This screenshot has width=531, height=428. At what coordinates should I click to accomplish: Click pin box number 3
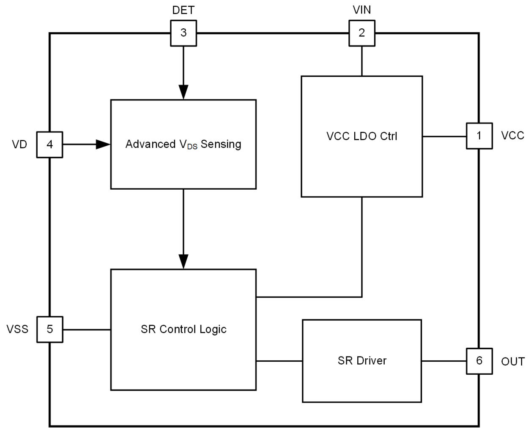coord(183,33)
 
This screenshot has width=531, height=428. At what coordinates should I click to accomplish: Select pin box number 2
coord(361,33)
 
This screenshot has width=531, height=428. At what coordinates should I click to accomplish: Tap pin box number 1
coord(479,136)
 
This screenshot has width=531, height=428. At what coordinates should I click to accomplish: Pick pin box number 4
coord(49,144)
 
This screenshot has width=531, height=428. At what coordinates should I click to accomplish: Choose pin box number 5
coord(49,329)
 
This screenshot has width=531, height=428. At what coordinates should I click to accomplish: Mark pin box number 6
coord(479,361)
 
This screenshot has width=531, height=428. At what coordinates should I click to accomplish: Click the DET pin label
coord(183,10)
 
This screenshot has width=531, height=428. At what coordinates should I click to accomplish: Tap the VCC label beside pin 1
coord(512,136)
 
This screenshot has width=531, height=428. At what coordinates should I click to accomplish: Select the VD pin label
coord(19,144)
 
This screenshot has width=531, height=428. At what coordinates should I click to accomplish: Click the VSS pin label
coord(18,329)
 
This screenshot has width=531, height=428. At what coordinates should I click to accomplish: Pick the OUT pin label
coord(512,362)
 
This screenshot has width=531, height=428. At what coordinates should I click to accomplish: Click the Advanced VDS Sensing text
coord(183,144)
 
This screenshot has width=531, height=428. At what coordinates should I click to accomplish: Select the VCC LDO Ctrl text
coord(361,136)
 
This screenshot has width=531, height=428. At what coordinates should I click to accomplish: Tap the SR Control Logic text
coord(183,329)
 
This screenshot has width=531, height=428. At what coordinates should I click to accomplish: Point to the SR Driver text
coord(362,361)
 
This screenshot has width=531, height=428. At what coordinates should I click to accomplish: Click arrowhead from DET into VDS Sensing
coord(183,93)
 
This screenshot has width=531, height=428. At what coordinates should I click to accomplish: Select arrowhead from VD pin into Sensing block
coord(103,144)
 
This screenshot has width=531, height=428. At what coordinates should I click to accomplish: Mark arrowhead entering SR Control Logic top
coord(183,262)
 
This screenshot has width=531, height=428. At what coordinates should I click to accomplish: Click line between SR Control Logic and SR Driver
coord(279,361)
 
